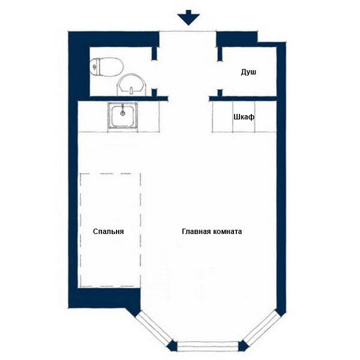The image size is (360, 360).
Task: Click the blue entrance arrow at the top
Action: pyautogui.click(x=188, y=17)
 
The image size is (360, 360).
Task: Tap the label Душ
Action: pyautogui.click(x=248, y=72)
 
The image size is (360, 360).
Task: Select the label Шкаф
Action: pyautogui.click(x=244, y=117)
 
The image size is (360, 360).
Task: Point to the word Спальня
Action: pyautogui.click(x=109, y=231)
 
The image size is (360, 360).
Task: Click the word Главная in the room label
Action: pyautogui.click(x=196, y=231)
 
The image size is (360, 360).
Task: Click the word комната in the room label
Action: pyautogui.click(x=227, y=231)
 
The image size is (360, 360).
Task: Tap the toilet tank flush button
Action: pyautogui.click(x=94, y=67)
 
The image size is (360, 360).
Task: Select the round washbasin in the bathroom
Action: pyautogui.click(x=132, y=85)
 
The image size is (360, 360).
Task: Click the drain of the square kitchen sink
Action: pyautogui.click(x=123, y=113)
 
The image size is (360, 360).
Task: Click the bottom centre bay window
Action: pyautogui.click(x=208, y=346)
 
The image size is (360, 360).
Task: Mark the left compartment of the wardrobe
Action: pyautogui.click(x=223, y=116)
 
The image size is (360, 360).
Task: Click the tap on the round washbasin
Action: pyautogui.click(x=131, y=91)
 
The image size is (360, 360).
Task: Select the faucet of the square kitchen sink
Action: pyautogui.click(x=123, y=108)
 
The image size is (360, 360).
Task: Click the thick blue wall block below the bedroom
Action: pyautogui.click(x=104, y=298)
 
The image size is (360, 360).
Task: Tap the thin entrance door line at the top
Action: pyautogui.click(x=188, y=31)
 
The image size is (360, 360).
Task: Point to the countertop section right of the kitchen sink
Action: pyautogui.click(x=149, y=116)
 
